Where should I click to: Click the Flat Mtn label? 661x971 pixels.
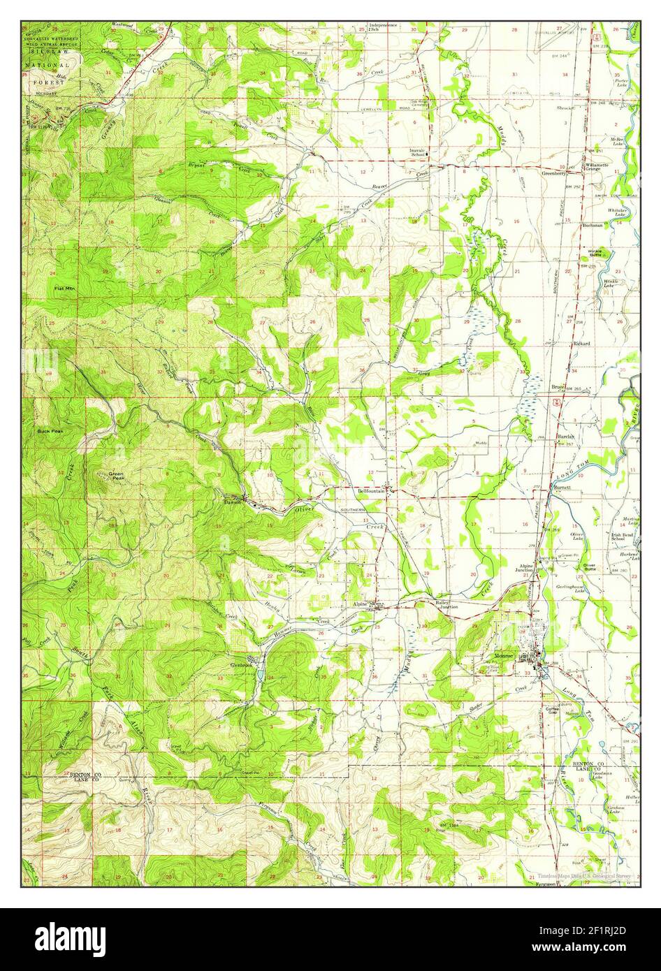tap(66, 288)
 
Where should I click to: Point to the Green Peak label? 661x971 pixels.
tap(116, 476)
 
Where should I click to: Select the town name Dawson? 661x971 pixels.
tap(232, 501)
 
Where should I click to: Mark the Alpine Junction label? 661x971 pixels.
tap(526, 568)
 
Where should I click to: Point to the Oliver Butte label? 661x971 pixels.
tap(589, 567)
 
